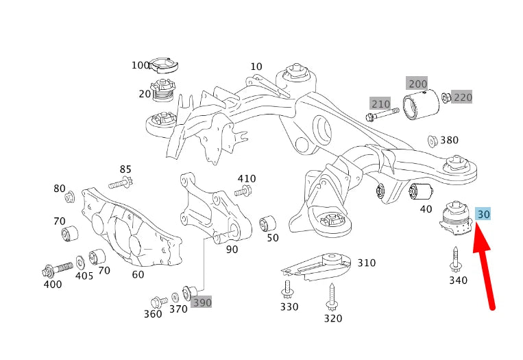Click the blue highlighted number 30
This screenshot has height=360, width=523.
pos(483,215)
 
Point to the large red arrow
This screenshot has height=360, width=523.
pos(484,267)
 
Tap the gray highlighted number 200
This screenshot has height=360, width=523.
pos(417,84)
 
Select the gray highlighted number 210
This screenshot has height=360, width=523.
pos(380,104)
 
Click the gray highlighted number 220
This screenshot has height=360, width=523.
pos(463,97)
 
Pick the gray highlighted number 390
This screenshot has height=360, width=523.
pos(202,302)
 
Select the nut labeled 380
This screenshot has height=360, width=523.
pos(433,141)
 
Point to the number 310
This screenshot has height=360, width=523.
pos(367,263)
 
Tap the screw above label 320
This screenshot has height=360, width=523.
pos(333,296)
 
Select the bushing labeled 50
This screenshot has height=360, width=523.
pos(269,223)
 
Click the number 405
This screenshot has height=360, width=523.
pos(84,276)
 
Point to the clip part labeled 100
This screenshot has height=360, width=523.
pos(162,66)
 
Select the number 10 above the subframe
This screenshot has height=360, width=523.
pos(256,67)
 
